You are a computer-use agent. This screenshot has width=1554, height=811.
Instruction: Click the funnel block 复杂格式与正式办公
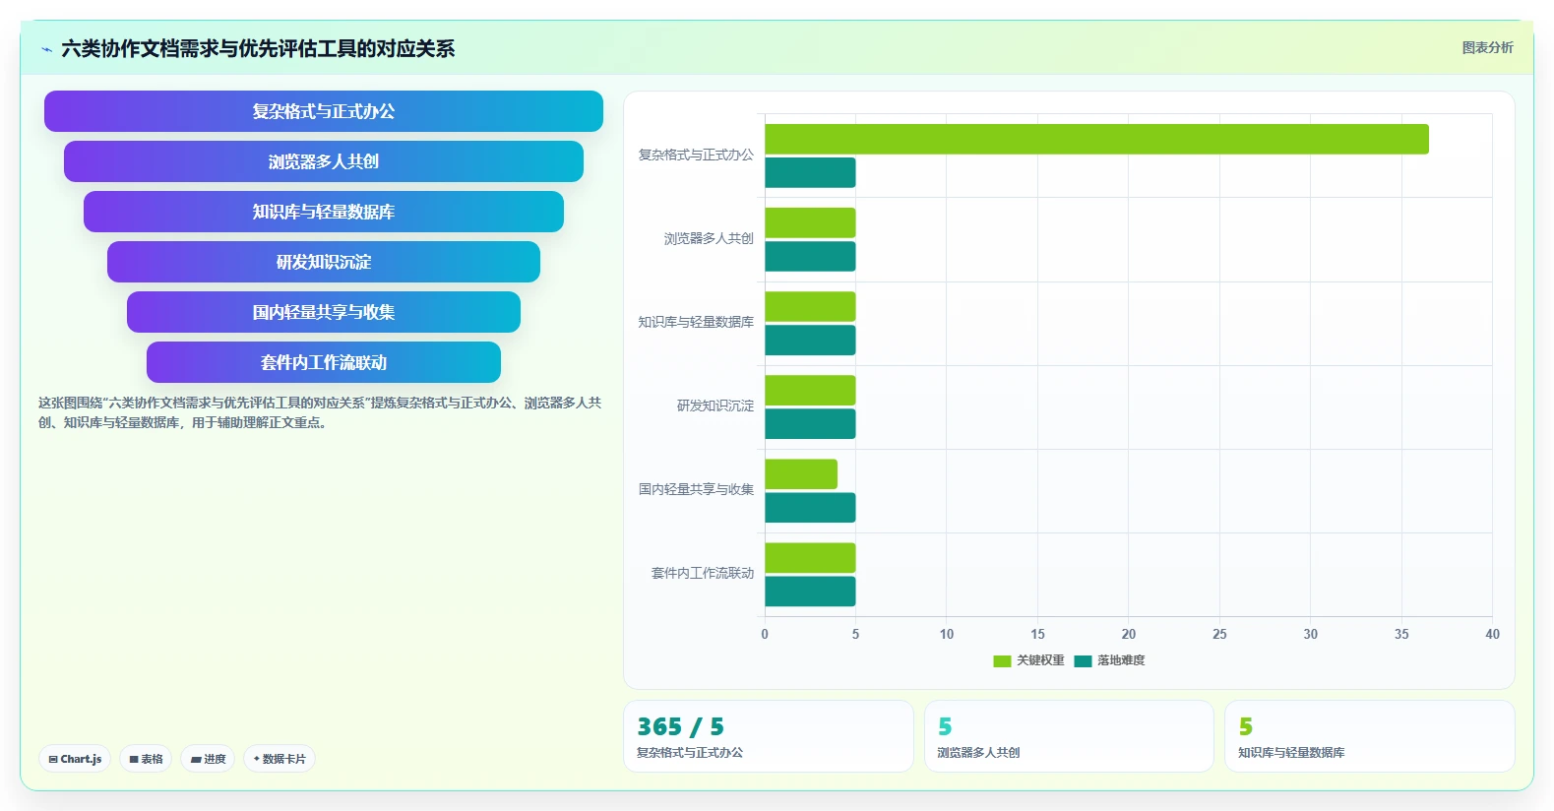pos(323,111)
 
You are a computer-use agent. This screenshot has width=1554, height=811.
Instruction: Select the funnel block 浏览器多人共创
pos(323,161)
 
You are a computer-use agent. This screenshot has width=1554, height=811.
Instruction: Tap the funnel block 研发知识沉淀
pos(323,262)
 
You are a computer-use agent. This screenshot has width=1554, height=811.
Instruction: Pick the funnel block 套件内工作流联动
pos(323,362)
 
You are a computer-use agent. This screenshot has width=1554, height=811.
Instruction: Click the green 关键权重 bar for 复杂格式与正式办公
pos(1096,139)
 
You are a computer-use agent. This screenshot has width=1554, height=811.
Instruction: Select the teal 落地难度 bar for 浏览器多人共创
pos(810,256)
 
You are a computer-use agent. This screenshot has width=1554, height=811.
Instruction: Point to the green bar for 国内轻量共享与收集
pos(801,473)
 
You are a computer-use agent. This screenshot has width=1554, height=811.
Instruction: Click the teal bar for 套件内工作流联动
pos(810,592)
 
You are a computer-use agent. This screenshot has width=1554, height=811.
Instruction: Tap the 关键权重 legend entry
pos(1028,660)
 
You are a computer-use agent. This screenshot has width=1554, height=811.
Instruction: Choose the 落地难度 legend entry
pos(1109,660)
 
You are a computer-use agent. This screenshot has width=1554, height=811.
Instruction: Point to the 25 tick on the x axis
pos(1219,634)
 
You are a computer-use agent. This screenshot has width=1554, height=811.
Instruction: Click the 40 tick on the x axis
pos(1492,634)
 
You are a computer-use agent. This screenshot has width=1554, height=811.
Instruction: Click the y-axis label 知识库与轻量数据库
pos(696,322)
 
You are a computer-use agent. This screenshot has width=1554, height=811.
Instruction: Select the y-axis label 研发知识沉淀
pos(715,405)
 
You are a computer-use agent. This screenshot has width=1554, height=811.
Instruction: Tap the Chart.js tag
pos(75,759)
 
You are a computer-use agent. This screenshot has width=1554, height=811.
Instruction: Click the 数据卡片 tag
pos(280,759)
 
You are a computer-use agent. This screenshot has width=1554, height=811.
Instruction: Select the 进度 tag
pos(208,759)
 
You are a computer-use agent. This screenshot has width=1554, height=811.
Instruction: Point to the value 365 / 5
pos(681,726)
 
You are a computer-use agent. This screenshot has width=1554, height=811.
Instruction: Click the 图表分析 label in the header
pos(1487,48)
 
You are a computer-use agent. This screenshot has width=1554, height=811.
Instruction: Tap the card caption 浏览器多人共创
pos(978,753)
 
